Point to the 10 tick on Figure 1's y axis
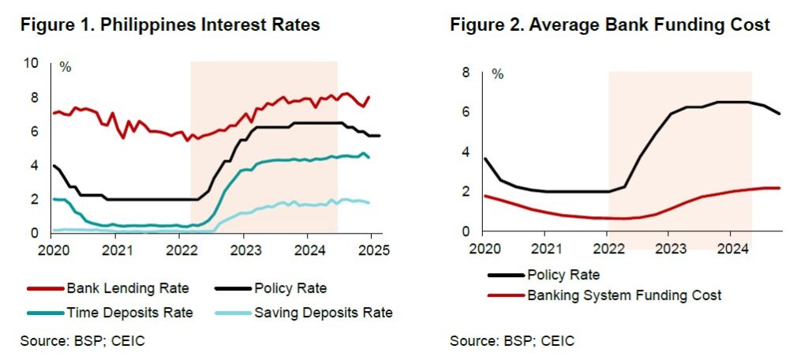pyautogui.click(x=32, y=63)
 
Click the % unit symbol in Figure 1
pyautogui.click(x=65, y=68)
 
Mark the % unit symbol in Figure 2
pyautogui.click(x=497, y=75)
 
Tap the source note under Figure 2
pyautogui.click(x=512, y=341)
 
